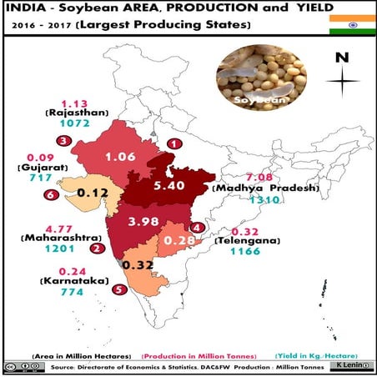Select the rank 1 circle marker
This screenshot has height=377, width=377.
173,144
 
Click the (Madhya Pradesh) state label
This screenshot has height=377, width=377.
267,188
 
